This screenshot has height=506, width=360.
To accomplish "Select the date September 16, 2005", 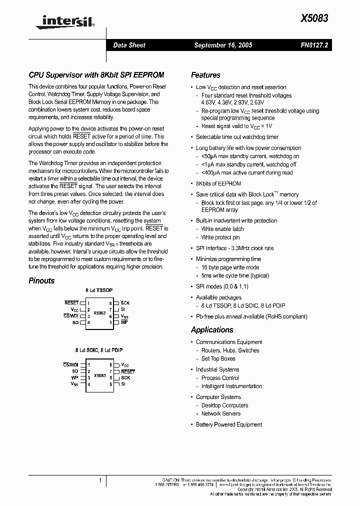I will click(223, 45).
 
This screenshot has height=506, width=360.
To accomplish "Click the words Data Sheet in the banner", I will click(129, 45).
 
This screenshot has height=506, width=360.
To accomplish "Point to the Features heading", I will click(205, 75).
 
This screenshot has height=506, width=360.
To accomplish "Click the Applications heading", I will click(212, 330).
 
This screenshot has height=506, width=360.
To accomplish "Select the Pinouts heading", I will click(41, 281).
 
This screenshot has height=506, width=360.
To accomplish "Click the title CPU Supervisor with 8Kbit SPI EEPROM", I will click(96, 75).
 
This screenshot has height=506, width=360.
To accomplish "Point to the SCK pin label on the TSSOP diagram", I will click(125, 303).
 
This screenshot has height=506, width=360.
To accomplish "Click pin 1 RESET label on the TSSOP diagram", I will click(71, 303).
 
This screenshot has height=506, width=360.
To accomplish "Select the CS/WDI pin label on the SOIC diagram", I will click(70, 365).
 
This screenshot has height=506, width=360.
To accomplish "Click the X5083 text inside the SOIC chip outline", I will click(99, 374).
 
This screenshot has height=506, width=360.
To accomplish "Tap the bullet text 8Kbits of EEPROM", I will click(218, 183).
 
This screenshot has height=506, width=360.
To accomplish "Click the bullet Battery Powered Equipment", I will click(228, 424).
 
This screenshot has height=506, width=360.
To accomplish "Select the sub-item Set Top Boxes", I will click(218, 358).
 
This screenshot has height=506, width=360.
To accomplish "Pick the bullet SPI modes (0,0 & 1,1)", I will click(222, 286).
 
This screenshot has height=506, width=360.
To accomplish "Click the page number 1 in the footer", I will click(100, 480).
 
